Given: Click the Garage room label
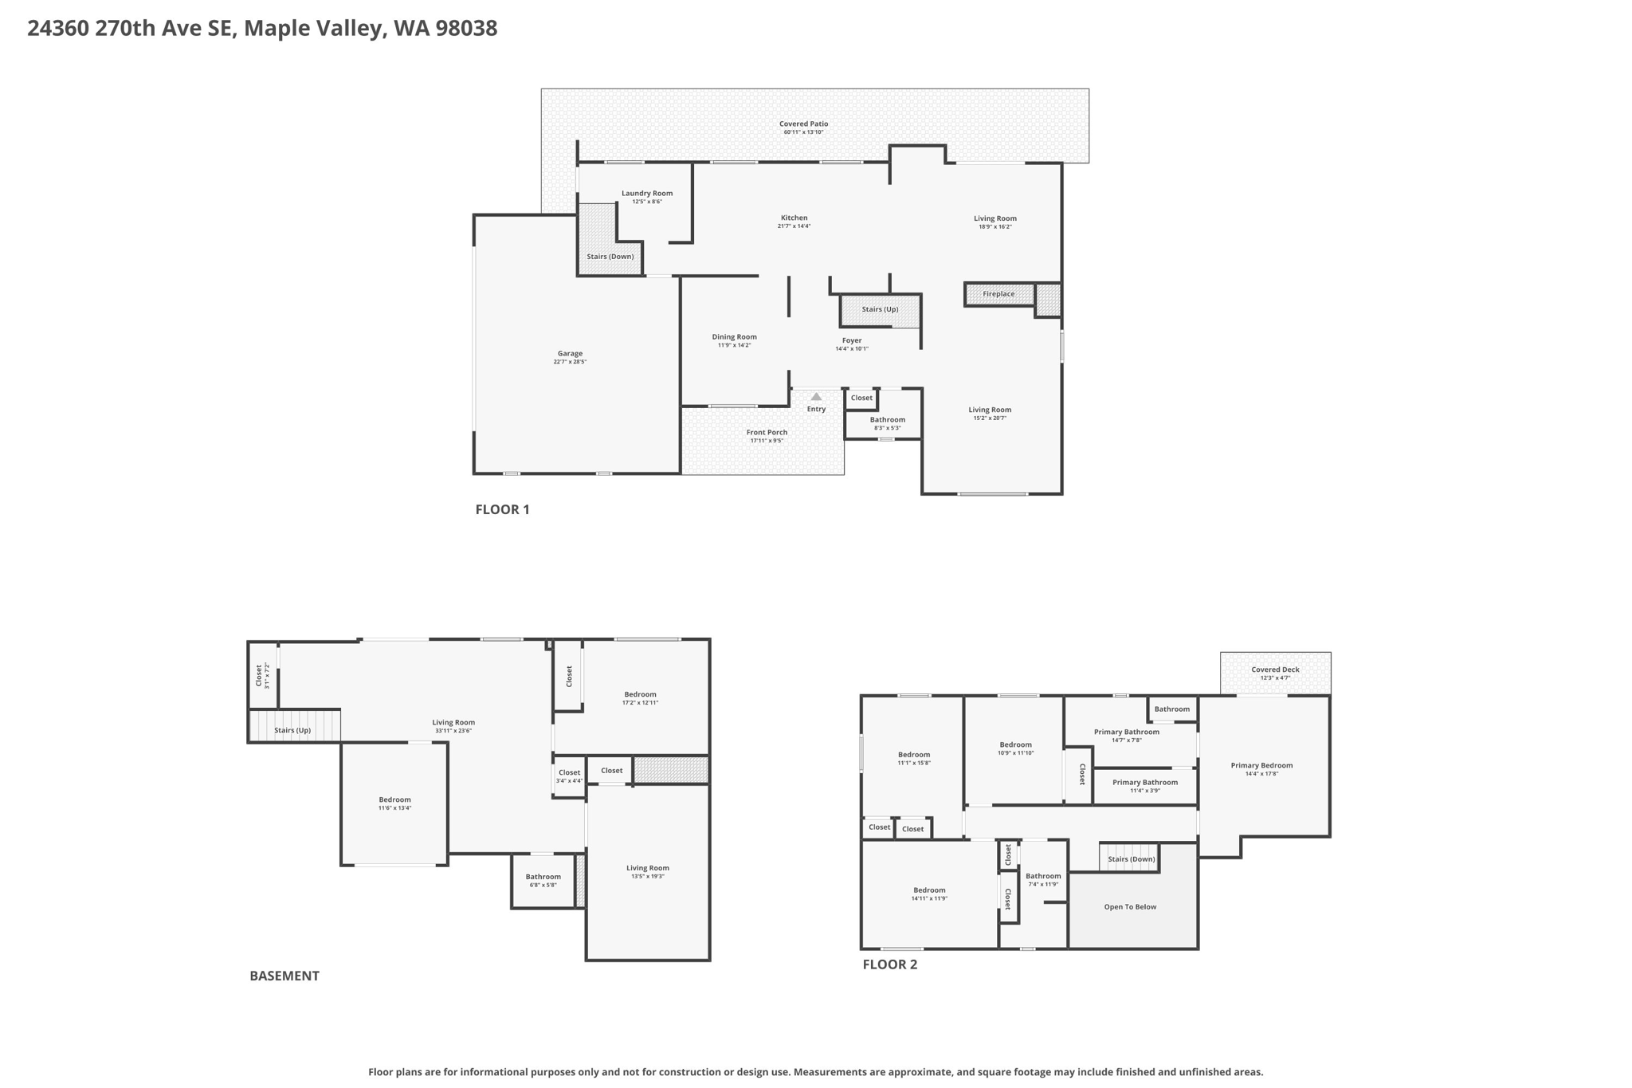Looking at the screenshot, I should (570, 354).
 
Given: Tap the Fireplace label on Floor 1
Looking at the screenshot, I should (998, 294).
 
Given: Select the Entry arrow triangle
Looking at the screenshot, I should (816, 396).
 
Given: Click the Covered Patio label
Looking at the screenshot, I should (803, 124).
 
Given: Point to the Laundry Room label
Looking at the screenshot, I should (647, 194).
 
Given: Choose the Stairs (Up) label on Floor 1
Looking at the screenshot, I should (880, 309).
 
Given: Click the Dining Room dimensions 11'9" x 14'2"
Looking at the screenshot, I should (734, 345).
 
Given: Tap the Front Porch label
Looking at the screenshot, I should (767, 433).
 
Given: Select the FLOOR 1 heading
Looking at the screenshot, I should (502, 509).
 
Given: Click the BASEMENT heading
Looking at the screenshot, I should (284, 976).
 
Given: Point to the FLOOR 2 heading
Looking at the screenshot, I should (889, 964).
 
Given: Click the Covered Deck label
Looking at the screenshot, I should (1275, 670).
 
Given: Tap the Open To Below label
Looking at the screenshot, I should (1130, 907).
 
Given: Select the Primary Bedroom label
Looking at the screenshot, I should (1261, 766).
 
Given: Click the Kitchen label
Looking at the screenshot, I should (794, 218).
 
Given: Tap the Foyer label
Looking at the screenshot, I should (852, 341).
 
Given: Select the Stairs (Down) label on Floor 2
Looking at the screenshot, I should (1131, 859).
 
